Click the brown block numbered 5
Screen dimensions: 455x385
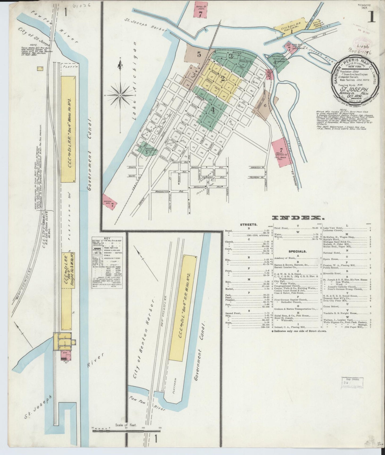click(198, 55)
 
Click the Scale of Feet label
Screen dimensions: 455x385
click(126, 425)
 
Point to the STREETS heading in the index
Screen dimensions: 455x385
click(249, 225)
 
